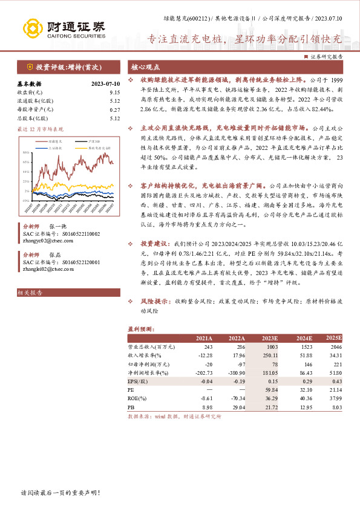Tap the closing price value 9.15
(x=115, y=92)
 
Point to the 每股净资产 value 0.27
(x=115, y=109)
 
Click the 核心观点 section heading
(x=146, y=67)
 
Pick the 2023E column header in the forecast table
(x=267, y=338)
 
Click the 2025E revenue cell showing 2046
(x=335, y=348)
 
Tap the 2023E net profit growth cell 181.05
(x=267, y=374)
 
